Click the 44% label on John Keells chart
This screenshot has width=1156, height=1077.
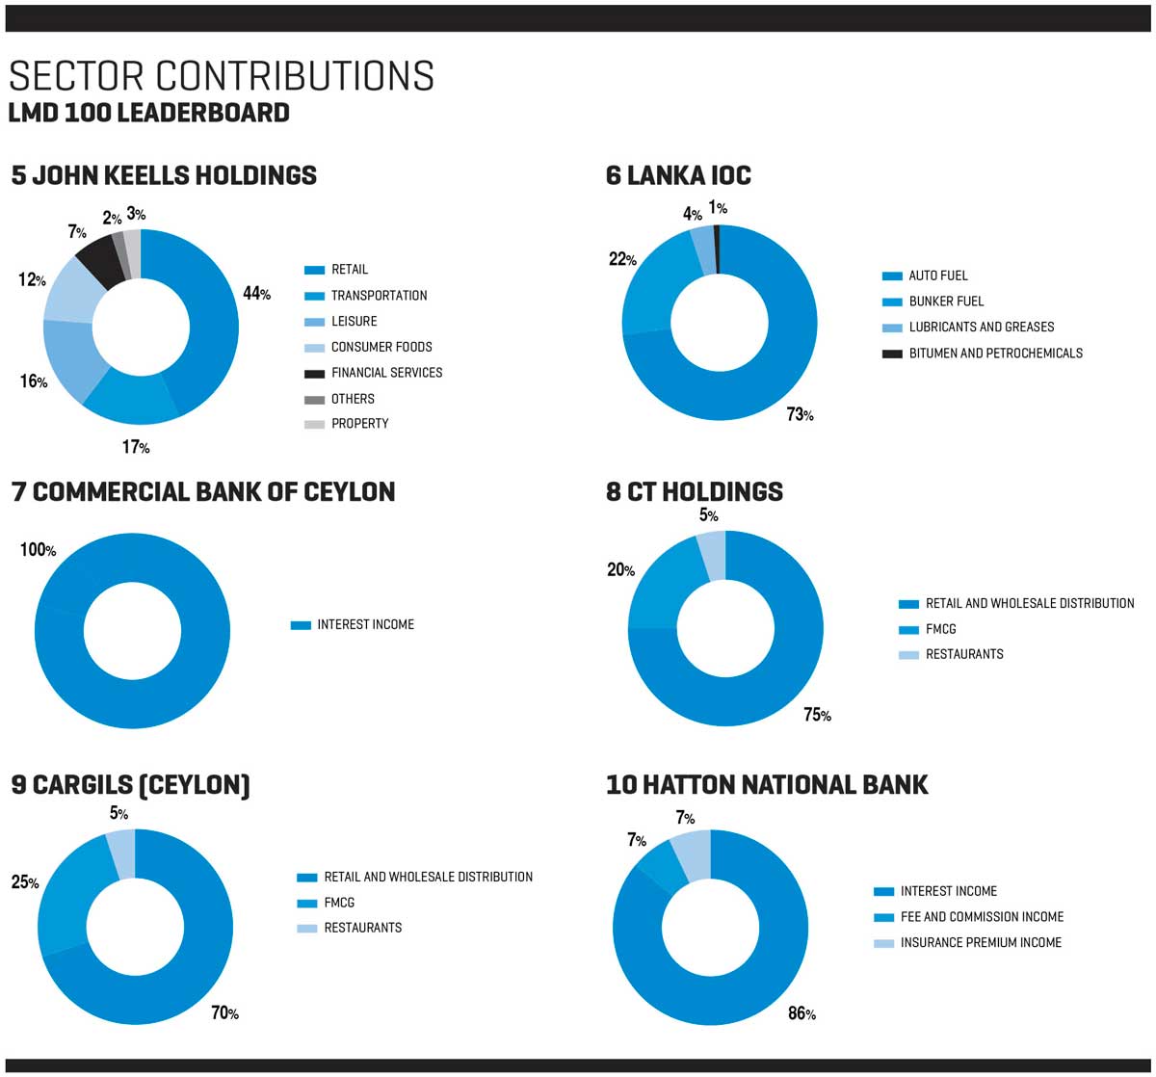256,294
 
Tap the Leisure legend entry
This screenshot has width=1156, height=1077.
354,322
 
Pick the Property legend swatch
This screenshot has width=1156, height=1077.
314,424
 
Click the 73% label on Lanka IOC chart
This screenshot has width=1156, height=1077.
800,415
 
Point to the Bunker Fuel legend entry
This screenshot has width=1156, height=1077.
946,302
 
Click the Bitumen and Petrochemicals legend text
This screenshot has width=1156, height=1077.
995,354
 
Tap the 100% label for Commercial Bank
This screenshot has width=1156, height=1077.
38,550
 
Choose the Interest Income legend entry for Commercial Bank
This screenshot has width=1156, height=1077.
365,625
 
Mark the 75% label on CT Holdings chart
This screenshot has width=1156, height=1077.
817,715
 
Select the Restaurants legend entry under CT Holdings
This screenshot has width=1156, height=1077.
963,654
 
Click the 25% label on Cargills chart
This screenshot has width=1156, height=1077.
25,881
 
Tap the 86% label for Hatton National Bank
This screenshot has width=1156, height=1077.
801,1013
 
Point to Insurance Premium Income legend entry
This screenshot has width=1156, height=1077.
981,943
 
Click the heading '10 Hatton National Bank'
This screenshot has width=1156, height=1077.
767,785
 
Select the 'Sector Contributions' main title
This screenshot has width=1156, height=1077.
222,76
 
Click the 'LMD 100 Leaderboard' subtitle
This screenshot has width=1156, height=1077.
148,113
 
